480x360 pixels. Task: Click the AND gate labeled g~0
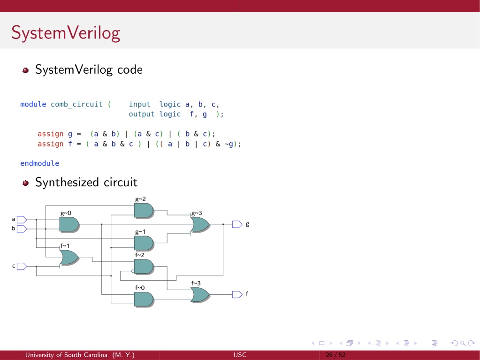69,224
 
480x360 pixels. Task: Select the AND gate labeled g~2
144,211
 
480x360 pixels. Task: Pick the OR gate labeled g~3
200,224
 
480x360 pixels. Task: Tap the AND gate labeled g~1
144,243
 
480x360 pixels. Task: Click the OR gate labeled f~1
69,258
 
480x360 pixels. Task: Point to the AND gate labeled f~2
144,267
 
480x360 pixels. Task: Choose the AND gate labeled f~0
144,299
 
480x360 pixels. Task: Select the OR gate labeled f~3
200,295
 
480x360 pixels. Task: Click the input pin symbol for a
22,220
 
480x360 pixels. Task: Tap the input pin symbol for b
22,229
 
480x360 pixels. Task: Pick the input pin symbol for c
22,266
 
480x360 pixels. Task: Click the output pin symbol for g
237,224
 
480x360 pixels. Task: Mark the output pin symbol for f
237,294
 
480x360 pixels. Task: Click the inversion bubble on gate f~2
133,271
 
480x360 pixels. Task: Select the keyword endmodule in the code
40,163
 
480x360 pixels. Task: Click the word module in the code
33,104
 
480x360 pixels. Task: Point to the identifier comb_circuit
76,105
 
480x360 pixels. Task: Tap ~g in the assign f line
229,144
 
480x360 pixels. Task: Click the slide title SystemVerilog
66,33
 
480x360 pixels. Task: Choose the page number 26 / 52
335,355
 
